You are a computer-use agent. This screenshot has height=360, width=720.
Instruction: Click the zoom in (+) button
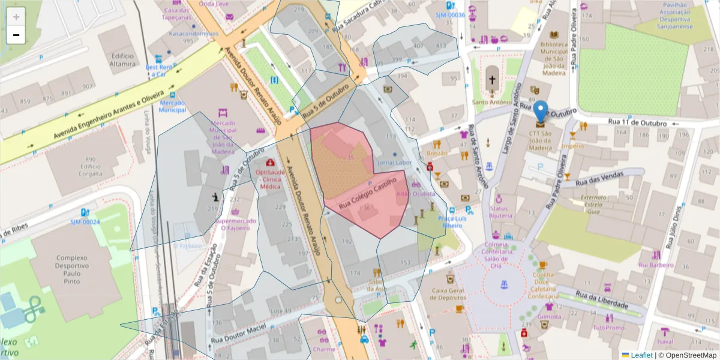(x=16, y=17)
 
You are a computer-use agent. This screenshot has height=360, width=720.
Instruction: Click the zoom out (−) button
(x=16, y=35)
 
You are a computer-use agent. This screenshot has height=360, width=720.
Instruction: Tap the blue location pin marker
(x=541, y=112)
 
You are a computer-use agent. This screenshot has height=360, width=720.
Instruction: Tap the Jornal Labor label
(x=394, y=163)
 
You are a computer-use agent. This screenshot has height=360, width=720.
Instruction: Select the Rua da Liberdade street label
(x=602, y=300)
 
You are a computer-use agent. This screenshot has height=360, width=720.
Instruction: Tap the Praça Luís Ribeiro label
(x=452, y=222)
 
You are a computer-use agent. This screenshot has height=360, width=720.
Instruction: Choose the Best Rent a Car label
(x=159, y=71)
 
